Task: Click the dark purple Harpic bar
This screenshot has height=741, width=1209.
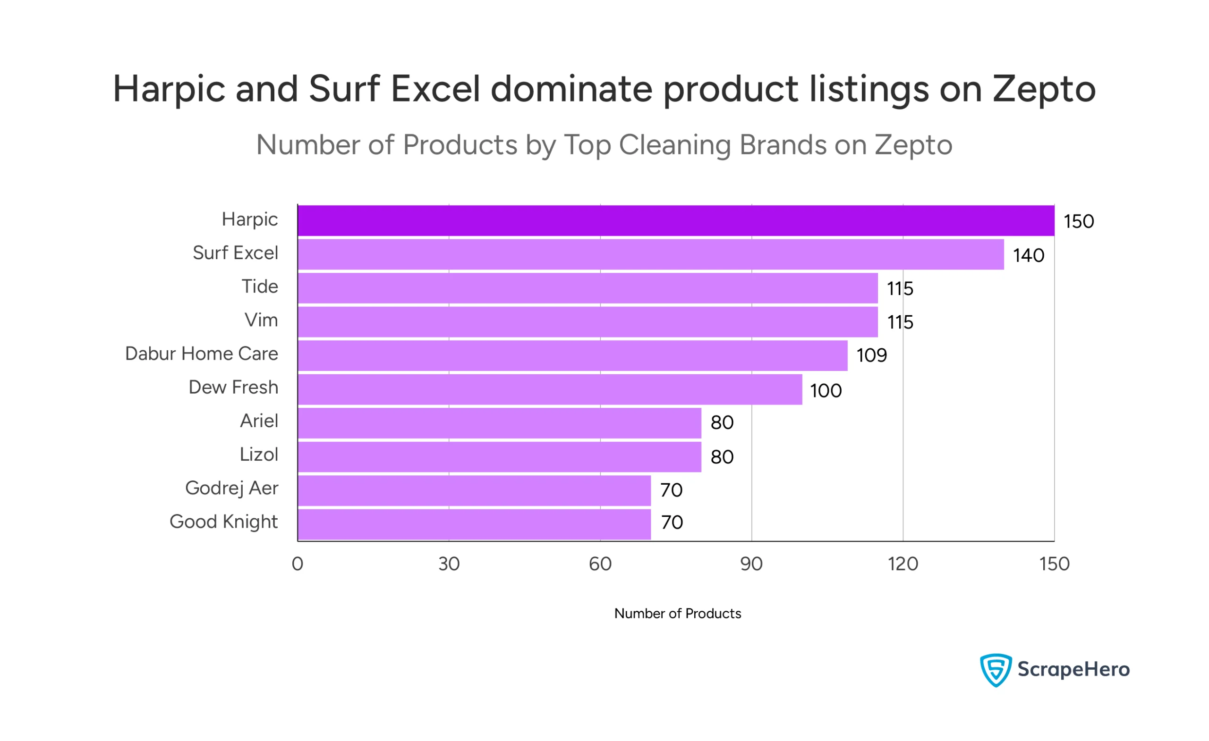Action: tap(676, 221)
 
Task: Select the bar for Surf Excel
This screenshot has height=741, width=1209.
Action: tap(651, 254)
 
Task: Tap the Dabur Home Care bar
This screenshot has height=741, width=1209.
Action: tap(572, 355)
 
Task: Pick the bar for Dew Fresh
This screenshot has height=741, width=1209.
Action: tap(550, 389)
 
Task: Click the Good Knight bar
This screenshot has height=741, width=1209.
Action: tap(474, 524)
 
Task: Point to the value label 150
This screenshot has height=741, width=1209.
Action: tap(1079, 222)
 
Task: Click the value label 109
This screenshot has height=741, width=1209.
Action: tap(871, 355)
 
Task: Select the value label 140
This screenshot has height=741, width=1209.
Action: tap(1029, 255)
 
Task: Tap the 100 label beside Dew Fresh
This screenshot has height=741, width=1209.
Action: tap(826, 391)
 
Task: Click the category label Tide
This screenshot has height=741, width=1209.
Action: tap(260, 286)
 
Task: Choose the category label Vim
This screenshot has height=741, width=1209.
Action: tap(261, 320)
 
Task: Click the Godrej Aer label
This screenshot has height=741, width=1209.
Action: tap(231, 488)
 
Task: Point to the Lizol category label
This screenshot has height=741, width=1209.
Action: tap(259, 455)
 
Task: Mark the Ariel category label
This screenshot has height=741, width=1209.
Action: tap(259, 421)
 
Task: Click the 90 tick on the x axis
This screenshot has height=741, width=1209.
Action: tap(751, 564)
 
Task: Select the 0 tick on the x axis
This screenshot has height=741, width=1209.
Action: tap(298, 564)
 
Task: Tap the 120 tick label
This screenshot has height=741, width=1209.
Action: tap(903, 564)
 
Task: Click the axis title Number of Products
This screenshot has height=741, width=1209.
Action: tap(677, 614)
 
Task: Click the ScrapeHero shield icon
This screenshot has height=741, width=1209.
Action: tap(995, 669)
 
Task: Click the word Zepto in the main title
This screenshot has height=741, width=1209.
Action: tap(1044, 89)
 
